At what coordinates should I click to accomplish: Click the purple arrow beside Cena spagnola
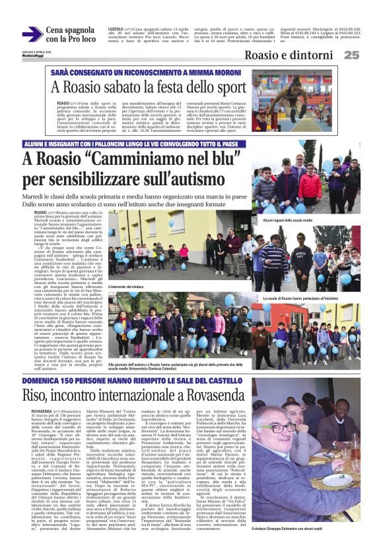click(x=31, y=34)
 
